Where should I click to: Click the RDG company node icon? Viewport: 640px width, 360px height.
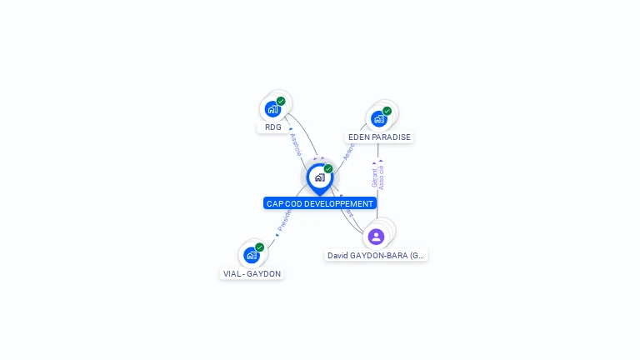click(x=272, y=108)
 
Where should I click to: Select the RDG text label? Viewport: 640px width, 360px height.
click(x=273, y=127)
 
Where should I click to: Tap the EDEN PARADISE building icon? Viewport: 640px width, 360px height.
click(x=379, y=118)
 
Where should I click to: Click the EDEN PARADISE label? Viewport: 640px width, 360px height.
click(x=379, y=137)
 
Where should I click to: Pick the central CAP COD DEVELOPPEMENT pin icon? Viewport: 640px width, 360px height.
click(x=319, y=177)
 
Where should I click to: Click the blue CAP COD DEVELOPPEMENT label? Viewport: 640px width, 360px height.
click(x=320, y=203)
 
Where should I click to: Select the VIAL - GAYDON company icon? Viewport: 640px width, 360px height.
click(x=251, y=255)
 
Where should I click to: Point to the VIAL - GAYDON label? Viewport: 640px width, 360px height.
click(x=252, y=273)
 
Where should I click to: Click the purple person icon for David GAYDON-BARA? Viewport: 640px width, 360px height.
click(x=376, y=237)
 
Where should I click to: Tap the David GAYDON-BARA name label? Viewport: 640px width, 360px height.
click(x=377, y=256)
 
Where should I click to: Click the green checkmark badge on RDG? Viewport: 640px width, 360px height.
click(x=281, y=101)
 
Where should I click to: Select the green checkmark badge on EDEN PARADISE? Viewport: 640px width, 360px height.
click(x=387, y=111)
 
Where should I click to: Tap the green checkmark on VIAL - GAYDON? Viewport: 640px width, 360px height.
click(x=259, y=247)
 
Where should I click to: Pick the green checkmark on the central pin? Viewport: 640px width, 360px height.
click(x=328, y=169)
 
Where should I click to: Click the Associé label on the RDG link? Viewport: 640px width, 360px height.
click(x=295, y=144)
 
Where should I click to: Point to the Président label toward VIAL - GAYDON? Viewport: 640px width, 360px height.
click(x=284, y=218)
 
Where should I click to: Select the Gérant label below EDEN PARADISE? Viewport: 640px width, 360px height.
click(x=374, y=178)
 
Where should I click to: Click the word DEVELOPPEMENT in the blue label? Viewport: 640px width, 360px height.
click(x=338, y=203)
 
